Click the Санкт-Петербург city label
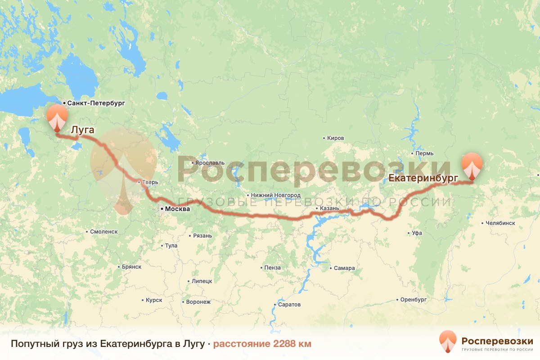96,103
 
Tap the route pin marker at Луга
57,117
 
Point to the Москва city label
177,209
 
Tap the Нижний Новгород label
276,195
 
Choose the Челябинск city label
500,223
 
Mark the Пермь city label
424,153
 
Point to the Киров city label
335,138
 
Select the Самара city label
344,268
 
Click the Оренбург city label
413,299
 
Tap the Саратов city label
289,305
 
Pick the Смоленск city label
104,231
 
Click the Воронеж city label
198,302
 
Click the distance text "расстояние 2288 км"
262,344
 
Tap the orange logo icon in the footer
448,342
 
